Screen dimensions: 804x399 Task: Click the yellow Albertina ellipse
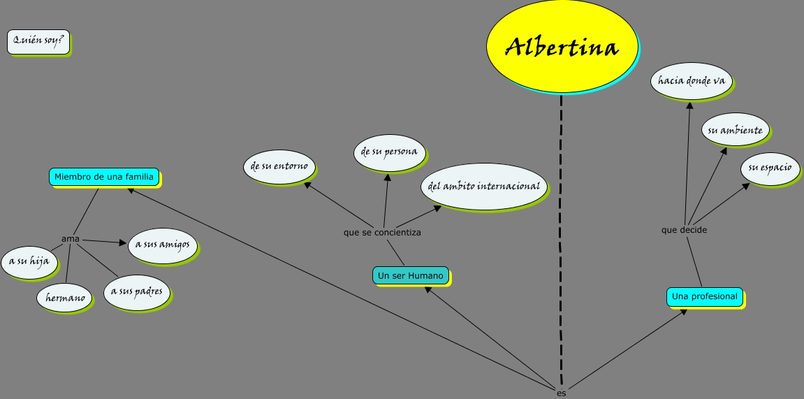pos(562,47)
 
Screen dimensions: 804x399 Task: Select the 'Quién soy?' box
pos(38,41)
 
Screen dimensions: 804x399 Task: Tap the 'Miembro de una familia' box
pos(103,177)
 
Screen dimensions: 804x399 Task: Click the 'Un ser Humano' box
pos(411,276)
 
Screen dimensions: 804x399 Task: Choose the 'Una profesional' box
pos(704,296)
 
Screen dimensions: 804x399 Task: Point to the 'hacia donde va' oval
pos(691,81)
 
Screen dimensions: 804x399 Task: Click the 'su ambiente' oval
pos(734,131)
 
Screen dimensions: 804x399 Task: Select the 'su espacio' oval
pos(770,168)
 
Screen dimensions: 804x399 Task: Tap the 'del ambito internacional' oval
pos(483,187)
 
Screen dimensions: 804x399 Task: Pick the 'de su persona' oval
pos(389,152)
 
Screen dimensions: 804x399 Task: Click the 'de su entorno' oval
pos(279,166)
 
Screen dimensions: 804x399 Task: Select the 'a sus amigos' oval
pos(162,245)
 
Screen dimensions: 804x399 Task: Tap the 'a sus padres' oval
pos(136,291)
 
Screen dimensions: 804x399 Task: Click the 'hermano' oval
pos(64,298)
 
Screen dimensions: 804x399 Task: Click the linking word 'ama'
pos(71,239)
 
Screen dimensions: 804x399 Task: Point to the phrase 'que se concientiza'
pos(382,232)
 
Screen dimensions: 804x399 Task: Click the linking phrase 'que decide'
pos(684,229)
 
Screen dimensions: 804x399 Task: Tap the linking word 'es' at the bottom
pos(561,393)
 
